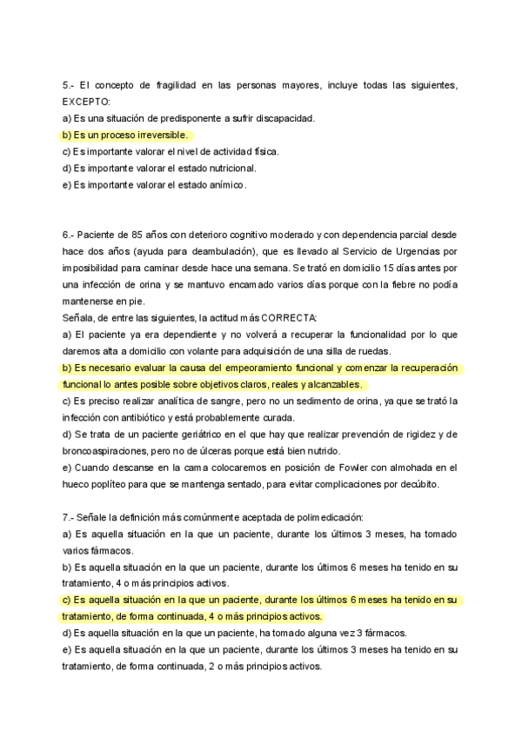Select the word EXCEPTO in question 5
click(x=87, y=102)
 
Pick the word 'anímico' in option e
click(x=224, y=184)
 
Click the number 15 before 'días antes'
click(x=366, y=268)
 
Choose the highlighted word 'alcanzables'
click(x=331, y=383)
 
